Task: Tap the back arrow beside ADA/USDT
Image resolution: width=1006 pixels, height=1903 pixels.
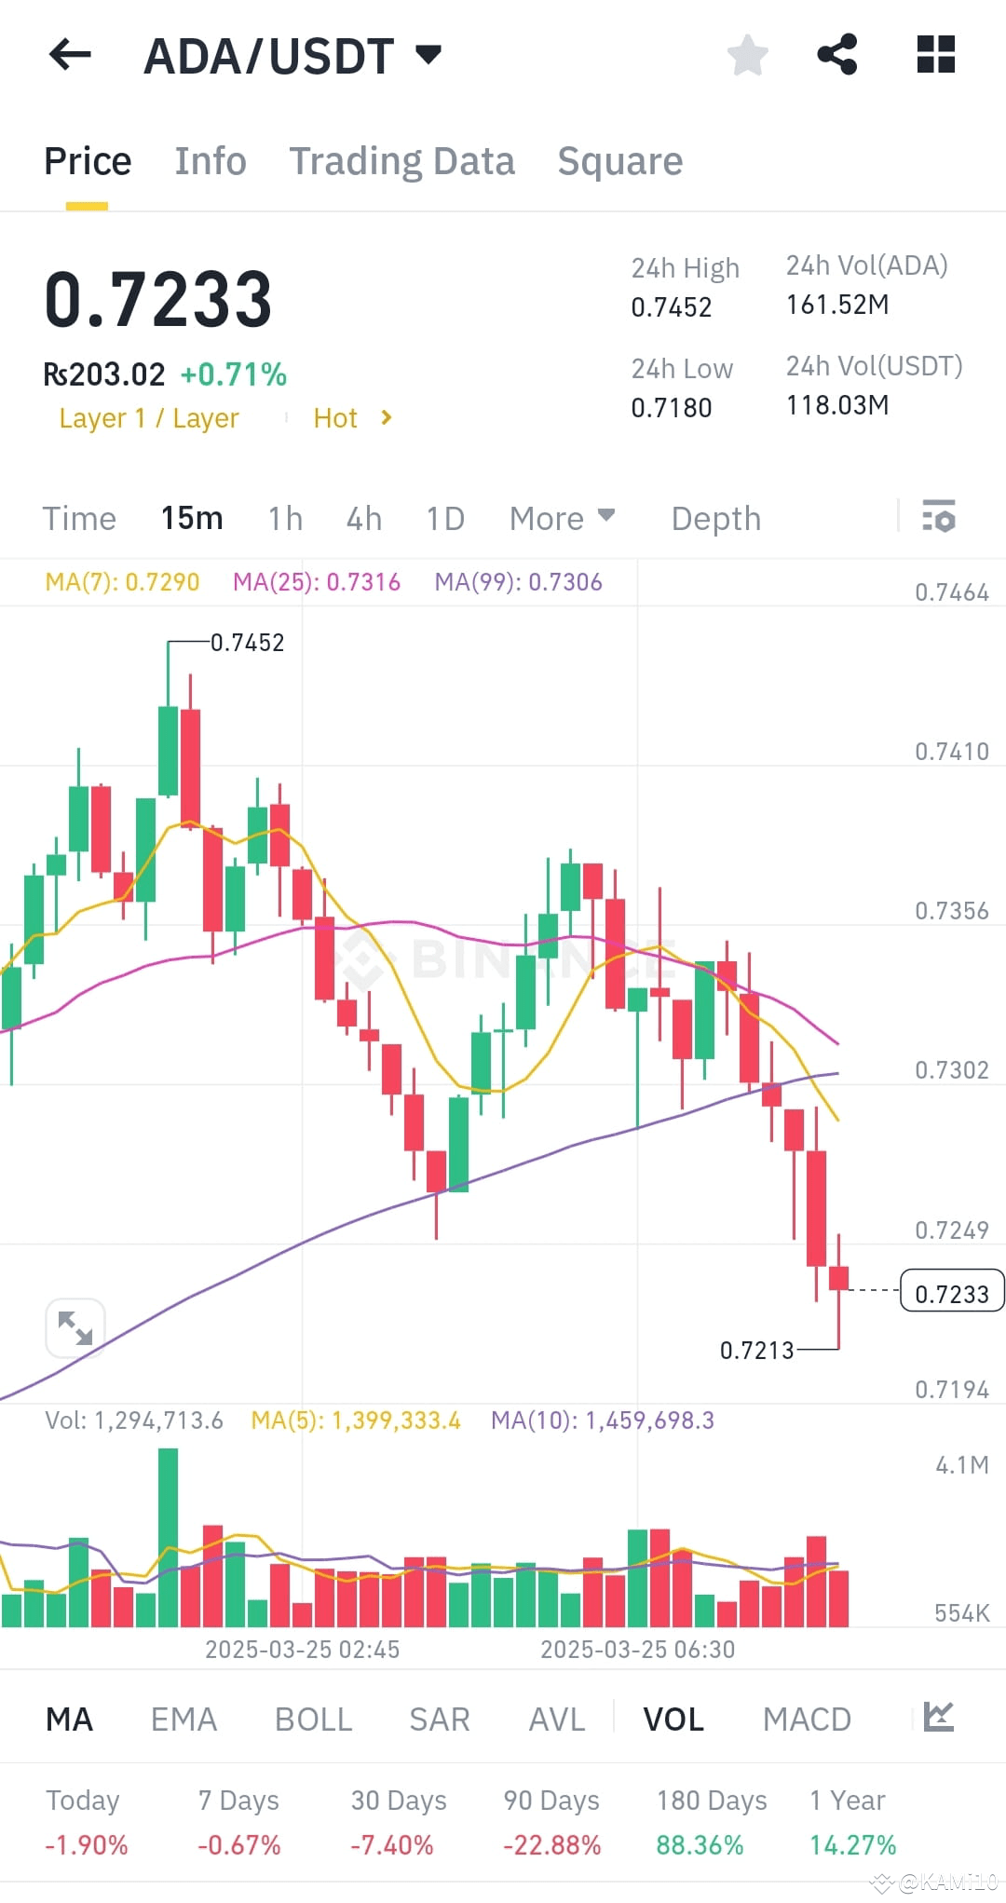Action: click(70, 55)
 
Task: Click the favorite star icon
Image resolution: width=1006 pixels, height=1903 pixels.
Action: click(747, 55)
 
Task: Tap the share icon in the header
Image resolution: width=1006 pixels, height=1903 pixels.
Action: click(836, 55)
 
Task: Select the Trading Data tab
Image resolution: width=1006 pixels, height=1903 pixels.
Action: click(401, 161)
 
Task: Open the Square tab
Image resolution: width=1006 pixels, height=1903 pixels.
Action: click(619, 161)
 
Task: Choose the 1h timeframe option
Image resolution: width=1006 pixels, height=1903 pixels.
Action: click(285, 519)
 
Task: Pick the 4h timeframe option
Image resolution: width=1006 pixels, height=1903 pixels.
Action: click(364, 519)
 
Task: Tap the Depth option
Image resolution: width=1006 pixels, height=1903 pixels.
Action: click(715, 519)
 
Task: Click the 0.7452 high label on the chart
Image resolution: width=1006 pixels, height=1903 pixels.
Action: click(247, 643)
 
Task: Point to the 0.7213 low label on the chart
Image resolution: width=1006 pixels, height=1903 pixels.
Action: click(756, 1350)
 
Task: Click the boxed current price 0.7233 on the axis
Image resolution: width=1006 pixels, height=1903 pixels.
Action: click(951, 1293)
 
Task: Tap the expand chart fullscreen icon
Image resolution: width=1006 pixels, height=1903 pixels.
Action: click(75, 1327)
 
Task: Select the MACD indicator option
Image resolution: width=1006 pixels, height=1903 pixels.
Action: click(807, 1719)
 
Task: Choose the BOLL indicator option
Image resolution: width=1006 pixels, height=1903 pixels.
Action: click(313, 1719)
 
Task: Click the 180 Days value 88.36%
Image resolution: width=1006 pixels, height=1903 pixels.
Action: click(700, 1844)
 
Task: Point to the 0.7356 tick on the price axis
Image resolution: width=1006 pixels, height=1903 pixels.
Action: click(951, 911)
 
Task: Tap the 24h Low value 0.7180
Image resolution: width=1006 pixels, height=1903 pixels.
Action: click(671, 408)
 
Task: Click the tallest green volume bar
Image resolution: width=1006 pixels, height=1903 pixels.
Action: click(168, 1537)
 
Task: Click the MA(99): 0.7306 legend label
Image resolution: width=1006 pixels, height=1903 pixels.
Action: click(518, 582)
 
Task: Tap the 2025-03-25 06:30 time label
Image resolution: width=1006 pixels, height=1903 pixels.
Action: click(637, 1650)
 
